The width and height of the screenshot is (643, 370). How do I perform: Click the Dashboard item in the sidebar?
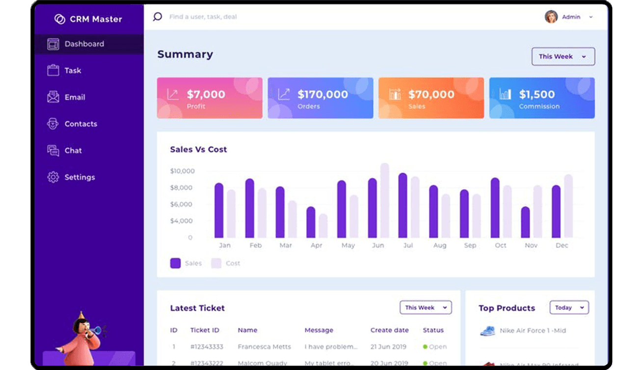(84, 44)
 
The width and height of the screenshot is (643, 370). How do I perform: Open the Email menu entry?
(75, 97)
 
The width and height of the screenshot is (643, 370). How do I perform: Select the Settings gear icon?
(53, 177)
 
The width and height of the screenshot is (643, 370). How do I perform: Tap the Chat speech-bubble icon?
(53, 151)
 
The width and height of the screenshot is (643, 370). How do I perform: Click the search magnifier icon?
(157, 17)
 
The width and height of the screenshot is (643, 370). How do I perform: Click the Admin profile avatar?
(551, 17)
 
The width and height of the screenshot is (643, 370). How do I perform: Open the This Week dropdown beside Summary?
(563, 56)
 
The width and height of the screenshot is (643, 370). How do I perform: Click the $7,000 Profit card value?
(206, 94)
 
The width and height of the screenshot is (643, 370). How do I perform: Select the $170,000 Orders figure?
(322, 94)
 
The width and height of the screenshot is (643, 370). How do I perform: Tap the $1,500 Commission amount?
(537, 94)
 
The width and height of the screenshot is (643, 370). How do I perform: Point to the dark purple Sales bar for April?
(311, 222)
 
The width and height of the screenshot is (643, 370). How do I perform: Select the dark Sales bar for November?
(525, 222)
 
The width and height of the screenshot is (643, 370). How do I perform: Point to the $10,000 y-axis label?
(182, 171)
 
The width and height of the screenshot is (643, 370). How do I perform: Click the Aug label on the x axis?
(440, 245)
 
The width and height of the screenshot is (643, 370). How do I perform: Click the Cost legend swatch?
(216, 264)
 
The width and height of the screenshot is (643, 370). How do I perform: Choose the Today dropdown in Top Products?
(569, 308)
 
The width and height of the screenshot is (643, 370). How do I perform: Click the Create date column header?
(389, 330)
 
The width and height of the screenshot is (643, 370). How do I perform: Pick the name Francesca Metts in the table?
(264, 347)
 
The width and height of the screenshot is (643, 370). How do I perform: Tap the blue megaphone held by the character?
(97, 330)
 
